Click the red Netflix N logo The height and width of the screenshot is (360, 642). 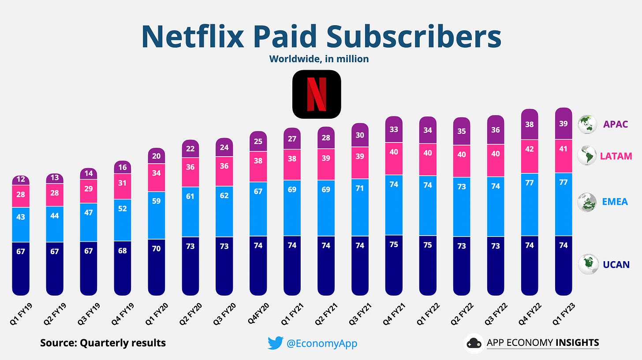(316, 94)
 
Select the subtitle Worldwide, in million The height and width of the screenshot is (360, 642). (319, 59)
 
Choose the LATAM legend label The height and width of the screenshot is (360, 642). (616, 156)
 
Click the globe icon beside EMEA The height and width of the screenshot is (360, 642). (587, 202)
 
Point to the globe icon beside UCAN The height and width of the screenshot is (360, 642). (587, 264)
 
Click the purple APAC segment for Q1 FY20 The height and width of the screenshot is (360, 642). (156, 156)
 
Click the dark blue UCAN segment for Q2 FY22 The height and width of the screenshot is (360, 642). (462, 265)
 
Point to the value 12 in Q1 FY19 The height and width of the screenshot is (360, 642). (21, 180)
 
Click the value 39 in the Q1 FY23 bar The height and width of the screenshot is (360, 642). (563, 124)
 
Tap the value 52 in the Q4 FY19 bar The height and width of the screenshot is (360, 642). (122, 208)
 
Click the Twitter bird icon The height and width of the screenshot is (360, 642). (275, 343)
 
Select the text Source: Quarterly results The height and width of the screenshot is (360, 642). (103, 343)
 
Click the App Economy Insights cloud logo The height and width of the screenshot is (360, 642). (474, 343)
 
